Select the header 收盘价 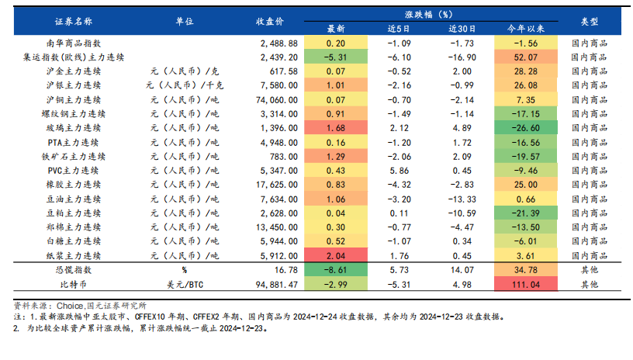[270, 21]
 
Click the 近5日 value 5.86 [398, 170]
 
